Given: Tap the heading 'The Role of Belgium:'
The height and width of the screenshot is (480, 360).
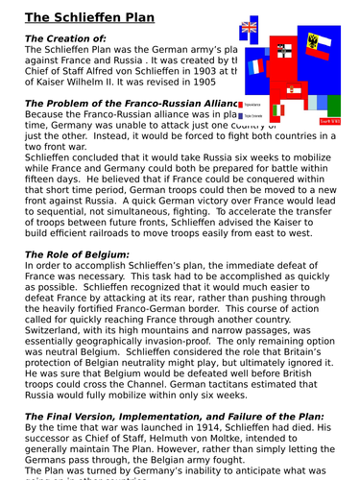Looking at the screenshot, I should (83, 254).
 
